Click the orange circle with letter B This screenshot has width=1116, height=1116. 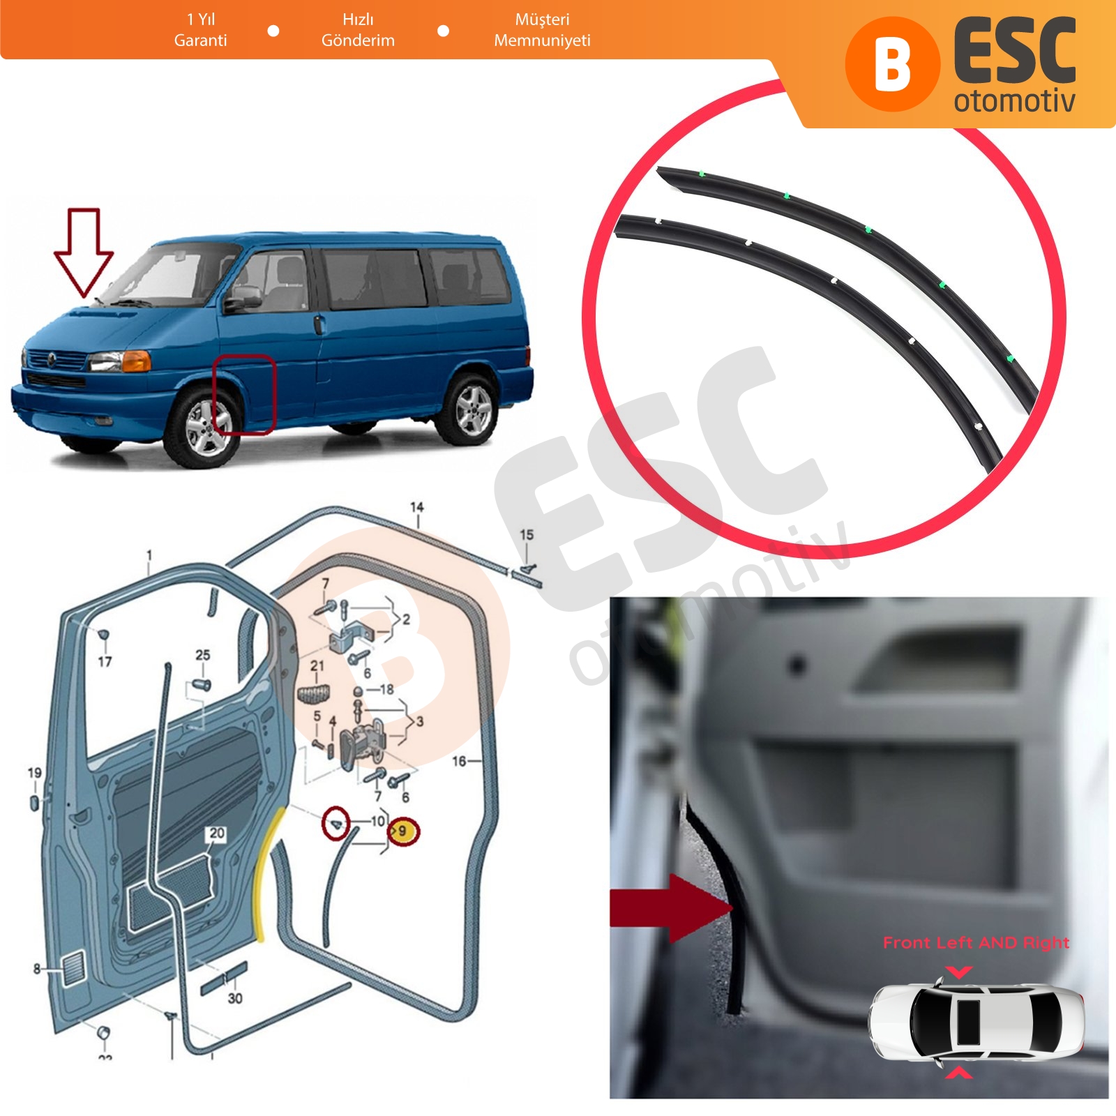(893, 64)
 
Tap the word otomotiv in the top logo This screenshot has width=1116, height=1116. (1014, 100)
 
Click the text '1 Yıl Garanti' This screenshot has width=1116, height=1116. (201, 30)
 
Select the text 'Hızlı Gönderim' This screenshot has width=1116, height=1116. (358, 30)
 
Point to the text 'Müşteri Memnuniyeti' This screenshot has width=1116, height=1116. (542, 30)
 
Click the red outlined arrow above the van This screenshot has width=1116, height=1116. (84, 252)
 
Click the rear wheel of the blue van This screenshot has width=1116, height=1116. (472, 409)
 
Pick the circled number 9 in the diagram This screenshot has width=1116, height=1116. (403, 831)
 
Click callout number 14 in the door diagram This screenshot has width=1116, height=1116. (416, 507)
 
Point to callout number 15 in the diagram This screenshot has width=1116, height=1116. (527, 534)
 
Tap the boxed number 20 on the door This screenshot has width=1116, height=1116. (217, 834)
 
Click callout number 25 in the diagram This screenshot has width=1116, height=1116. (202, 655)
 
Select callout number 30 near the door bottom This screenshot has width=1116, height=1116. (235, 998)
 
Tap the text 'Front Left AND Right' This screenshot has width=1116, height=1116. (976, 943)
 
